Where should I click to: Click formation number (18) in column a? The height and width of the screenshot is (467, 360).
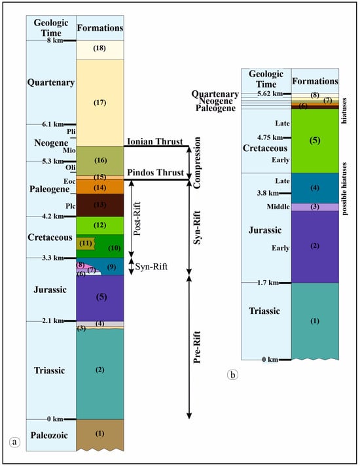click(100, 50)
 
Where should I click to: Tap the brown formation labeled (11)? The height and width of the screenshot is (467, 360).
click(85, 243)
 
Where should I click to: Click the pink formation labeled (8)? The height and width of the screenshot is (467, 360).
click(81, 265)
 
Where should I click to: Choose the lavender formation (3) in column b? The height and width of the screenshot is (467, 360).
click(315, 207)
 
